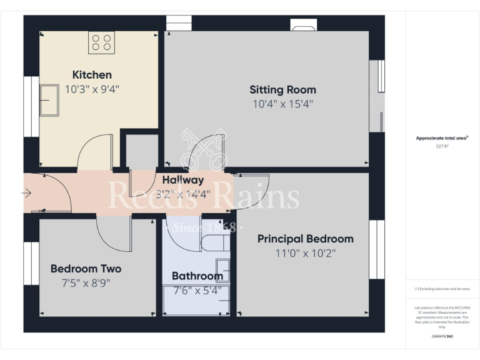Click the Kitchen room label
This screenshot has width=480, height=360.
(x=92, y=75)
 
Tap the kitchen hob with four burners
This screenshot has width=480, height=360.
(x=101, y=42)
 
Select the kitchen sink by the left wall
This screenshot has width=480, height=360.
(x=49, y=100)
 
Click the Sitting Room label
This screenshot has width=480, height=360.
(x=282, y=89)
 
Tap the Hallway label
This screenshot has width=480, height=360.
(x=179, y=180)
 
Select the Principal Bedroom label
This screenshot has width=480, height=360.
(x=305, y=239)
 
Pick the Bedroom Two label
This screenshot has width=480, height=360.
(x=86, y=269)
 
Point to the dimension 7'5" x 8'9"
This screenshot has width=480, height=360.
(x=86, y=282)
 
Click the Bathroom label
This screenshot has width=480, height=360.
(x=197, y=276)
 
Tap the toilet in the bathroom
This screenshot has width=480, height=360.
(x=214, y=243)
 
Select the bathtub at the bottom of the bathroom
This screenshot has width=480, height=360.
(x=196, y=300)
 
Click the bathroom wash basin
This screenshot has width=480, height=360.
(x=223, y=270)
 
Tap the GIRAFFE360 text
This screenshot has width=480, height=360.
(x=442, y=337)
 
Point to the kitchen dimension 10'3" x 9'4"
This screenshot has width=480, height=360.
(x=92, y=89)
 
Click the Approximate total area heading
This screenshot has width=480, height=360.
(x=442, y=138)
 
